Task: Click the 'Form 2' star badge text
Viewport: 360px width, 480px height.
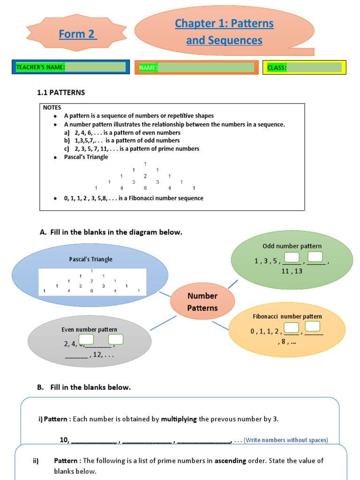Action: [78, 34]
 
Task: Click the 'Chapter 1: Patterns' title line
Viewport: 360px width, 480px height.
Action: [224, 23]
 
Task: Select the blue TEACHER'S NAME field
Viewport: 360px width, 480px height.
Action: [71, 67]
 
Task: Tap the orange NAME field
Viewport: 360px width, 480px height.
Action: [196, 67]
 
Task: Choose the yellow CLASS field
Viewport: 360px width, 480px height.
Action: [304, 67]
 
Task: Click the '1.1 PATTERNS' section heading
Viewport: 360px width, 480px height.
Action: [61, 93]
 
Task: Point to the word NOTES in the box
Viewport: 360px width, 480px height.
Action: [52, 107]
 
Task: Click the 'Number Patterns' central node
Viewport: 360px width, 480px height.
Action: [202, 302]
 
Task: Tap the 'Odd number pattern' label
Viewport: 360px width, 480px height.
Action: [292, 246]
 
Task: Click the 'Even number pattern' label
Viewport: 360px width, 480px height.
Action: [89, 330]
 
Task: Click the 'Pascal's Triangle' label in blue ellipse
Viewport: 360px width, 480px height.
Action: [90, 259]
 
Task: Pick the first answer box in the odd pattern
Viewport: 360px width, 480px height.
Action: [292, 257]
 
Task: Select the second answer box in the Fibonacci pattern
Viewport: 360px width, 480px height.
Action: [313, 327]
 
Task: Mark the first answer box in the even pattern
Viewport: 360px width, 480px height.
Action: [86, 339]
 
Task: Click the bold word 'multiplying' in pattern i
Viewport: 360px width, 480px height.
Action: [179, 419]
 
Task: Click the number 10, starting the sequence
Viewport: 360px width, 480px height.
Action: [65, 440]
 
